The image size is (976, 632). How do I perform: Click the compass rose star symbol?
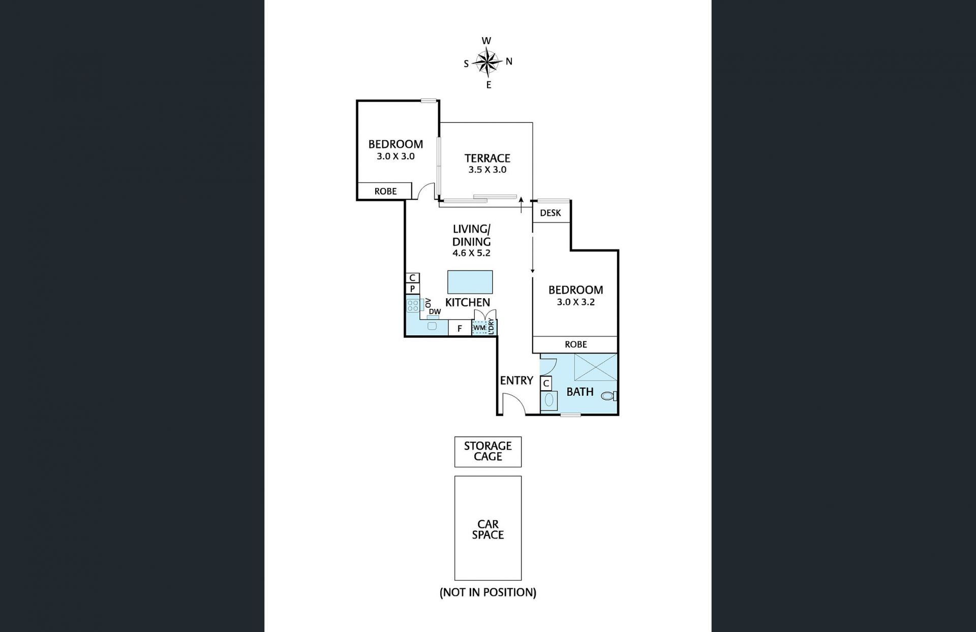487,62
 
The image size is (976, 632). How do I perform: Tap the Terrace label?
487,158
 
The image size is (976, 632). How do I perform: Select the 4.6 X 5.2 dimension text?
471,253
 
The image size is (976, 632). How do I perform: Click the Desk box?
551,213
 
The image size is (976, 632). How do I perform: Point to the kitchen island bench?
470,282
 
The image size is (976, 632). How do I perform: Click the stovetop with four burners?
413,305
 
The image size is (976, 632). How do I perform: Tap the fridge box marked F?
460,329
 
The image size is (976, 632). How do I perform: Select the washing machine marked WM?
479,328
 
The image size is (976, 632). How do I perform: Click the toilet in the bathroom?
608,396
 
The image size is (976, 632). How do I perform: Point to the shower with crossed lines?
595,367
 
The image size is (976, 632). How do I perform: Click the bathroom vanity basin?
549,400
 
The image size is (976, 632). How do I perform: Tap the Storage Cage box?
487,452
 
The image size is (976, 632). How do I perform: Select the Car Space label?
487,529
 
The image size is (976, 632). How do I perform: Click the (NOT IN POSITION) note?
487,592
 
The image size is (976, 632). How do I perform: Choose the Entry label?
516,381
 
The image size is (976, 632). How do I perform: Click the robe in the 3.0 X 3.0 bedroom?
385,191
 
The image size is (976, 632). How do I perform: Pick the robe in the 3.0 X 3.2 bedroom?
575,344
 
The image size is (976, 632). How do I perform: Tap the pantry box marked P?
412,289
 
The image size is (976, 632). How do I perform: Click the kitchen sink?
432,326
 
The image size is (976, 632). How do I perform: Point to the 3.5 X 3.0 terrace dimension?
487,170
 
